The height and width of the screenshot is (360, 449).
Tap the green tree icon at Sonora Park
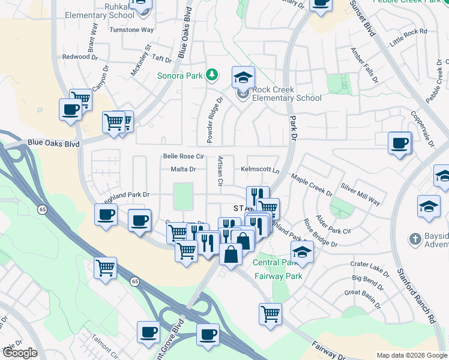(211, 75)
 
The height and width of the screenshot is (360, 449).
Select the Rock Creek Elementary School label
(287, 94)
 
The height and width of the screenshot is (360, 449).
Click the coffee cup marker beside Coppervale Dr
(399, 143)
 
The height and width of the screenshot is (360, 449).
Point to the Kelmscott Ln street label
(261, 170)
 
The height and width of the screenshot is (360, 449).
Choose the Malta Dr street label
(184, 170)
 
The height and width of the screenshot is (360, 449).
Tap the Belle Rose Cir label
(184, 157)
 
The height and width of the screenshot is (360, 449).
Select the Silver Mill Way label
(360, 194)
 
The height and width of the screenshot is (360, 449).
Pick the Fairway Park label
(277, 277)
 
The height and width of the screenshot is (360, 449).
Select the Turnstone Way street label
(131, 29)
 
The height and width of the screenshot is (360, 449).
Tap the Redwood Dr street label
(76, 57)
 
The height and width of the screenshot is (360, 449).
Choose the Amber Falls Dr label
(364, 65)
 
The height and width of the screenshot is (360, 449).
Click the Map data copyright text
(412, 355)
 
